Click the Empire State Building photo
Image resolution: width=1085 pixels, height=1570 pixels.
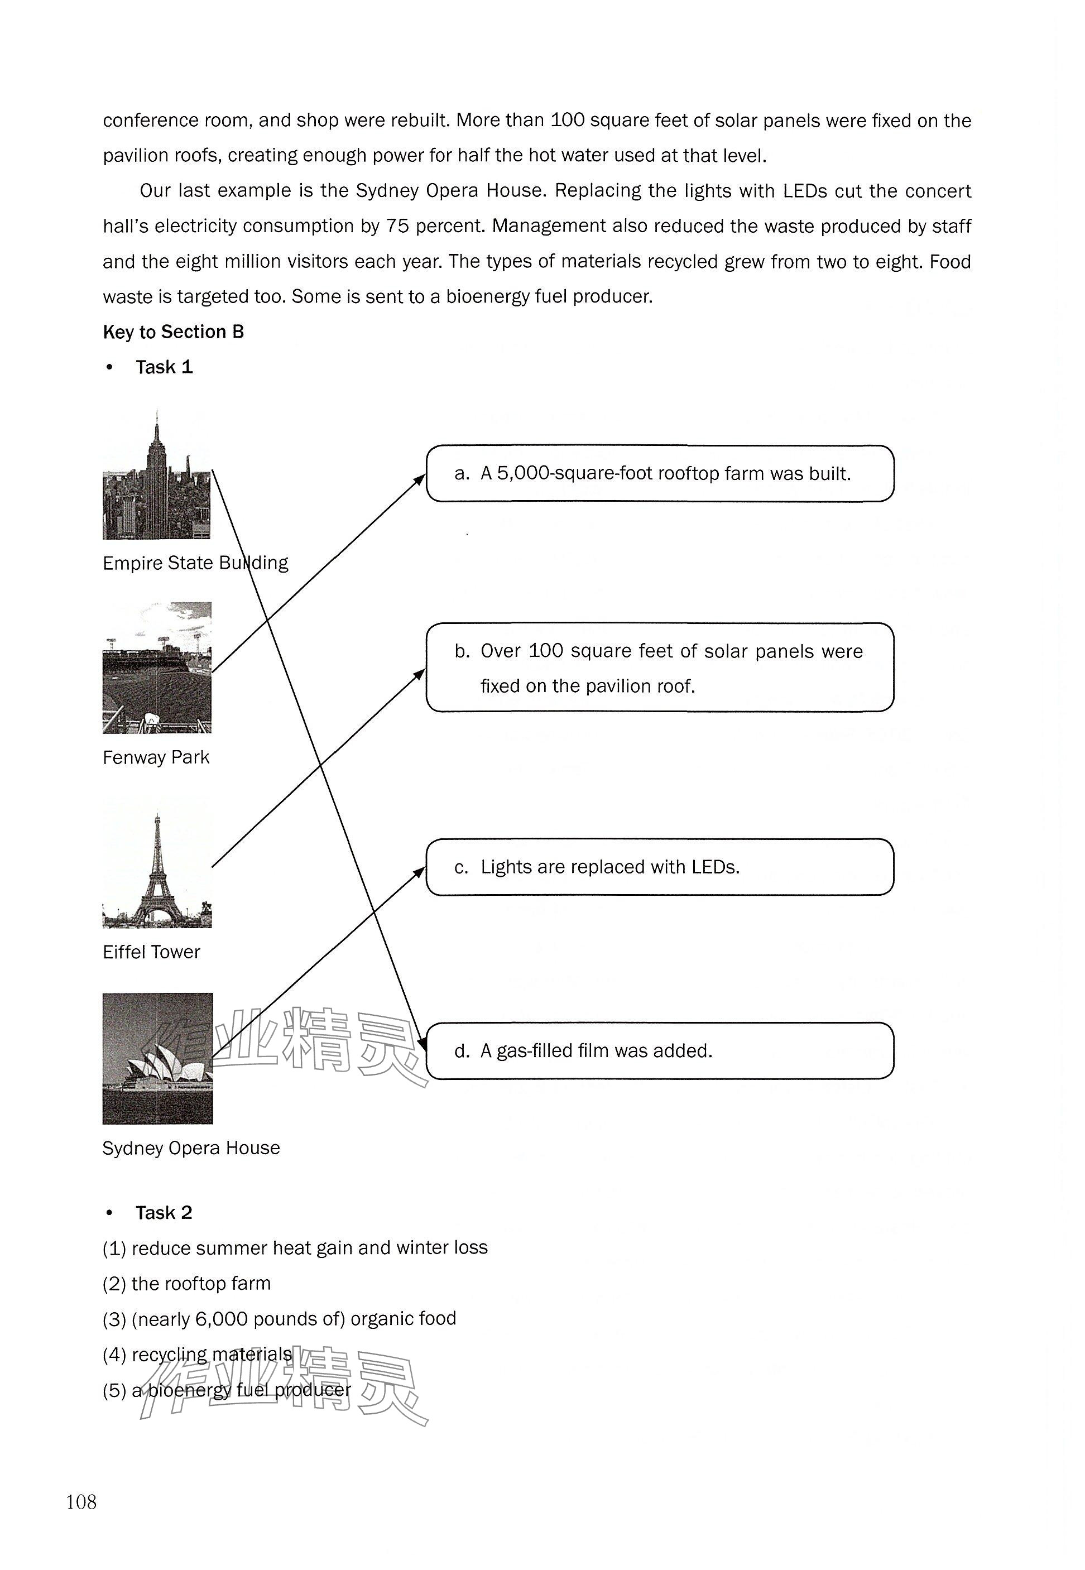pos(156,476)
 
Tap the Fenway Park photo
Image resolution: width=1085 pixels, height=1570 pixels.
pos(157,668)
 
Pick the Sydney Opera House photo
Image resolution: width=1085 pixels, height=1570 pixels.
pos(157,1058)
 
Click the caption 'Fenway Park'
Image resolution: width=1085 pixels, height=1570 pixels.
pos(156,757)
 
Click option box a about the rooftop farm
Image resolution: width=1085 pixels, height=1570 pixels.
pos(660,474)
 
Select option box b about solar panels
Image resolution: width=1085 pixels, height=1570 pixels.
pos(660,668)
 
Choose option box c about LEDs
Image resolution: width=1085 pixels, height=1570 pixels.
pos(660,867)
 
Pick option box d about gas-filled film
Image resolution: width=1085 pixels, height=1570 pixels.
pos(660,1051)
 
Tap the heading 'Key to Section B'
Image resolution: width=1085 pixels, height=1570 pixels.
pos(174,332)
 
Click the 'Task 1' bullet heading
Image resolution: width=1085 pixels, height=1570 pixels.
pos(164,367)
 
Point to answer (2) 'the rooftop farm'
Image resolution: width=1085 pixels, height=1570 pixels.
pos(187,1283)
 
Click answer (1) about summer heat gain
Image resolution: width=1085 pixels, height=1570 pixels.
pos(295,1248)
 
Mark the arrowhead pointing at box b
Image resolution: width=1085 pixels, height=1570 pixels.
pos(420,674)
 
